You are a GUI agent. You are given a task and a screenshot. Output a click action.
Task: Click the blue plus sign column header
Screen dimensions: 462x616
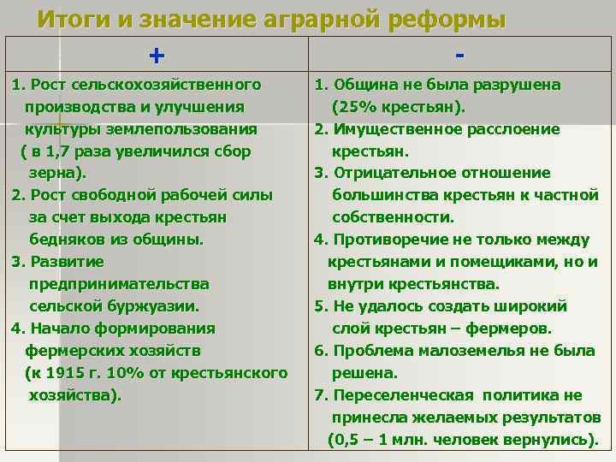point(156,56)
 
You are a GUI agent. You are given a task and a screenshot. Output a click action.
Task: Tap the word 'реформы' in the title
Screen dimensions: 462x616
point(447,19)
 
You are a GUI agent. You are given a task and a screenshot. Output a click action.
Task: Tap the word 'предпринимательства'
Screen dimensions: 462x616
point(119,284)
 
